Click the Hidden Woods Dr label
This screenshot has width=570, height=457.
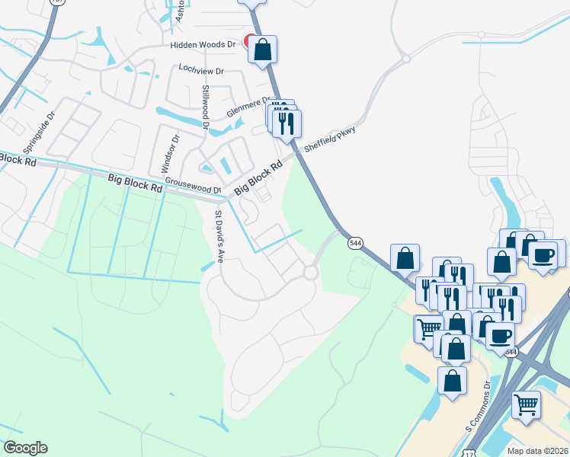click(x=202, y=45)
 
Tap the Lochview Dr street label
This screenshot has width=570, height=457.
click(x=200, y=70)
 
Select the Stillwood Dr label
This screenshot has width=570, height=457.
click(x=205, y=107)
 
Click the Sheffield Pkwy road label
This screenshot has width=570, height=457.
click(x=330, y=139)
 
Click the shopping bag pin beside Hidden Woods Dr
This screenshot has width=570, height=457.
click(x=262, y=50)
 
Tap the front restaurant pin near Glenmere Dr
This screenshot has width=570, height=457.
click(x=287, y=123)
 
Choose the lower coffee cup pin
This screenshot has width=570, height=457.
click(x=499, y=335)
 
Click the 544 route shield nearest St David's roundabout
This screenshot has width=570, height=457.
click(x=355, y=242)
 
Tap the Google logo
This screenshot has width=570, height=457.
click(x=25, y=448)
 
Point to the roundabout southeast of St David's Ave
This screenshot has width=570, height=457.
click(x=310, y=272)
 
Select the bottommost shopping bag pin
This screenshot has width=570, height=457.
click(x=452, y=380)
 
